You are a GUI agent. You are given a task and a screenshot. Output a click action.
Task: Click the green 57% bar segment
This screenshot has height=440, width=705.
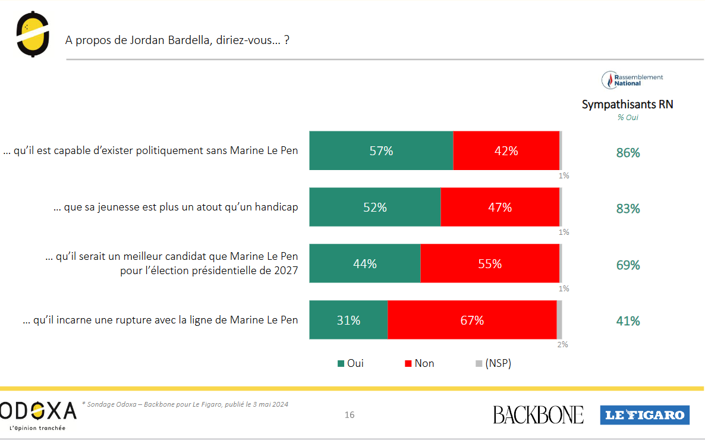(381, 151)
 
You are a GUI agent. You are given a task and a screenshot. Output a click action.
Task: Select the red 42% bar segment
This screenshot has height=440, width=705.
(506, 151)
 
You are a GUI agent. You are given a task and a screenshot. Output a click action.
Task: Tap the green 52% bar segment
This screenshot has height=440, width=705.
(374, 208)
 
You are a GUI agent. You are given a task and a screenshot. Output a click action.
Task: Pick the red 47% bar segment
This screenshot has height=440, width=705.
(500, 208)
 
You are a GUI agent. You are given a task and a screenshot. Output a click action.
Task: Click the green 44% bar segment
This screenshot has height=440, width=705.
(364, 263)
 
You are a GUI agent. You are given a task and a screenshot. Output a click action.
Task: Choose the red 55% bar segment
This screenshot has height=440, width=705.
(490, 263)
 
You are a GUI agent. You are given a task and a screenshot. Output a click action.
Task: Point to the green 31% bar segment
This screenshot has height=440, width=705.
(348, 320)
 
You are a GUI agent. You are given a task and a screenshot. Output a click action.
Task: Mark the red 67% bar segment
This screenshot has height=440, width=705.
(472, 320)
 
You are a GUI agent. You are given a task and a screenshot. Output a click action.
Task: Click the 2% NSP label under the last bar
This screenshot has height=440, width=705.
(562, 344)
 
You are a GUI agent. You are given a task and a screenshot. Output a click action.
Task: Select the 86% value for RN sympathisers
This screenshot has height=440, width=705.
(628, 153)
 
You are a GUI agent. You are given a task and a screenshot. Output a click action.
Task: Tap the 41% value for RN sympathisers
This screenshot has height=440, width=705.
(628, 321)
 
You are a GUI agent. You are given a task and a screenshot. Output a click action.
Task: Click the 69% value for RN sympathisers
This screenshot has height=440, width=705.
(628, 265)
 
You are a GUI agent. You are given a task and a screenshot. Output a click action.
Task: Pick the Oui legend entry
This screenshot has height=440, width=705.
(351, 363)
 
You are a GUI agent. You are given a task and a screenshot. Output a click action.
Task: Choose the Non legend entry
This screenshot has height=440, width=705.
(419, 363)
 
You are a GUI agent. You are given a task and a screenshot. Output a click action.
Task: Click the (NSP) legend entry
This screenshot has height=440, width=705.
(493, 363)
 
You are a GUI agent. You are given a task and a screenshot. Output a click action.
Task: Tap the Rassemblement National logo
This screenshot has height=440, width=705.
(632, 80)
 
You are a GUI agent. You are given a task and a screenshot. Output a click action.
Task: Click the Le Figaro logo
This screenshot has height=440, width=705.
(644, 414)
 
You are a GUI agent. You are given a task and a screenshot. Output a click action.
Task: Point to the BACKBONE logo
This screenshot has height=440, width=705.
(538, 414)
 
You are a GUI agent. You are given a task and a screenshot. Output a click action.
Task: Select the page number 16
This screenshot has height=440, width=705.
(350, 415)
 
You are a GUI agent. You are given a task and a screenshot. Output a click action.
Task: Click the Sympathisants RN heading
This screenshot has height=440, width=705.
(627, 105)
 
